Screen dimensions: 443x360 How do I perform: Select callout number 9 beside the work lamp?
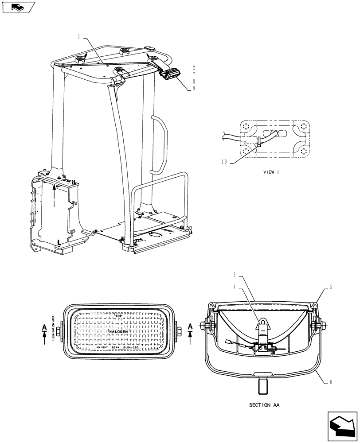193,88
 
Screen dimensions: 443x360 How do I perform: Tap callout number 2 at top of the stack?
193,68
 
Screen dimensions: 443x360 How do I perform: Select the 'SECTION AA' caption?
264,405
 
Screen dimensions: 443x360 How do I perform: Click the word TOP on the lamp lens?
118,316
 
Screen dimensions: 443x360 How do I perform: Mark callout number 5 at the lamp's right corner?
330,288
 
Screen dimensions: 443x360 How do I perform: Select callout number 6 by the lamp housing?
330,381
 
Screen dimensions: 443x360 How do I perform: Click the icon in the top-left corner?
18,8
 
